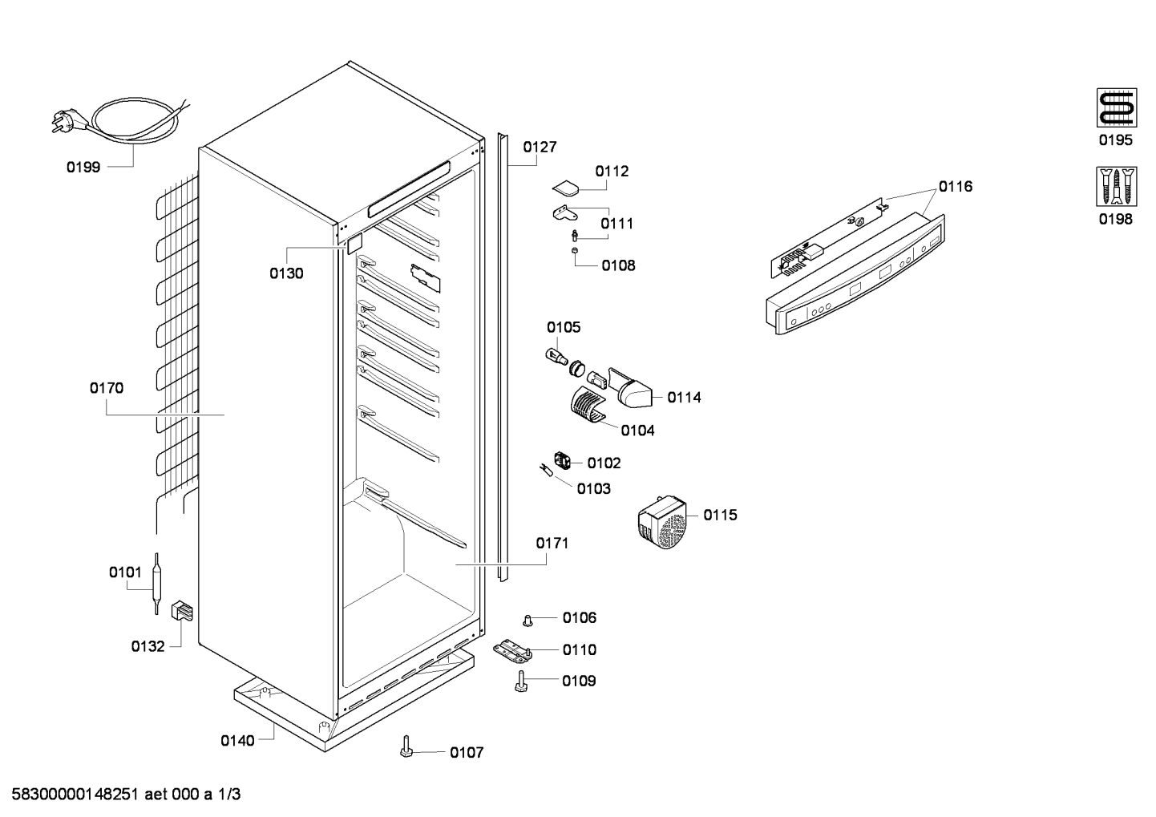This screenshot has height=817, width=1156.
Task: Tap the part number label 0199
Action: coord(83,168)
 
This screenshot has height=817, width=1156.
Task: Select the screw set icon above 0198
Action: coord(1116,186)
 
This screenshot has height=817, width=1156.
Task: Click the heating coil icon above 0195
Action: coord(1116,107)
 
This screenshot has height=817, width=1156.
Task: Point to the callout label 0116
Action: coord(956,186)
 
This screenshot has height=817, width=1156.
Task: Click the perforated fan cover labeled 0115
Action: coord(663,522)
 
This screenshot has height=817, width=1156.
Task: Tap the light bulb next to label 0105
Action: coord(556,357)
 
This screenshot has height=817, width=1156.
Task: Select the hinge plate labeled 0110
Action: coord(512,651)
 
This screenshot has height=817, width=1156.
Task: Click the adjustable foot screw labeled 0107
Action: coord(406,746)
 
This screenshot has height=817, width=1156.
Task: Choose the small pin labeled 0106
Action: coord(527,620)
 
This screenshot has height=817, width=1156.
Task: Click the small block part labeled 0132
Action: coord(182,611)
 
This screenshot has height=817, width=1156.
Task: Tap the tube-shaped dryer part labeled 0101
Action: coord(156,583)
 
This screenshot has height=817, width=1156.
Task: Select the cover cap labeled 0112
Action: coord(566,188)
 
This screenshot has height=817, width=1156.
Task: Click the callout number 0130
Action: coord(286,273)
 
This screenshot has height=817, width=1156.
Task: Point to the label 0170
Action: coord(107,388)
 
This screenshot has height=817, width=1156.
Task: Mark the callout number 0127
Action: coord(540,147)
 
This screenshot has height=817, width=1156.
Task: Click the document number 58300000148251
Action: coord(75,795)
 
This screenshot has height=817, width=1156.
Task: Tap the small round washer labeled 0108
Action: coord(575,251)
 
